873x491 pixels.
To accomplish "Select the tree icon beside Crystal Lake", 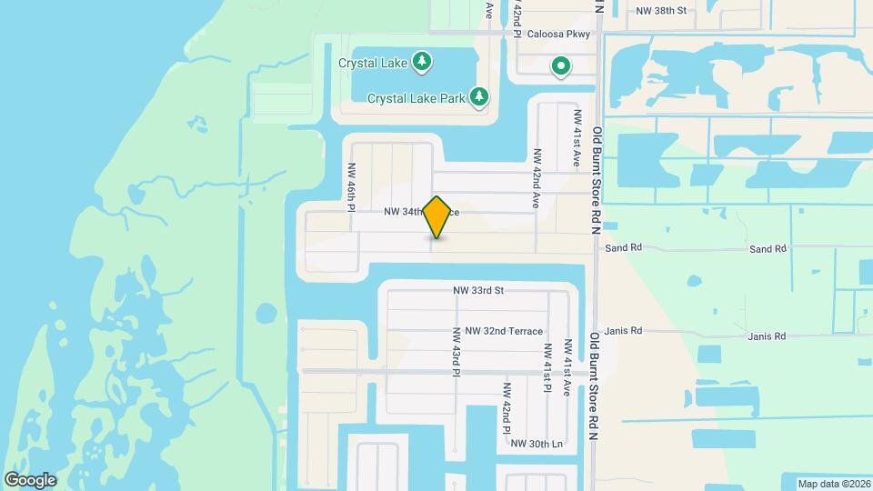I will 422,62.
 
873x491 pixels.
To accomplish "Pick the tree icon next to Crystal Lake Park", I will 479,96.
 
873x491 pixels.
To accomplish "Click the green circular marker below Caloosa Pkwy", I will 562,65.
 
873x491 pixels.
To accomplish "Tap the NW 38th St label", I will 661,11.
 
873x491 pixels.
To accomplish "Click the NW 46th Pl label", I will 350,186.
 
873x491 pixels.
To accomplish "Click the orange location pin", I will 437,216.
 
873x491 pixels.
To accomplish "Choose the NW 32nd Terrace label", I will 503,332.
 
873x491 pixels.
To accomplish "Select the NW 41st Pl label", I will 547,367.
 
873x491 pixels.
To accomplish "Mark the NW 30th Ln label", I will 537,444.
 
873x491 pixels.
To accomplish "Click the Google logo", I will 30,479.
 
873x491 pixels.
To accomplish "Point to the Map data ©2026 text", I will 833,484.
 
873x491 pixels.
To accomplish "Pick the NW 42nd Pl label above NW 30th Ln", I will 507,405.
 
